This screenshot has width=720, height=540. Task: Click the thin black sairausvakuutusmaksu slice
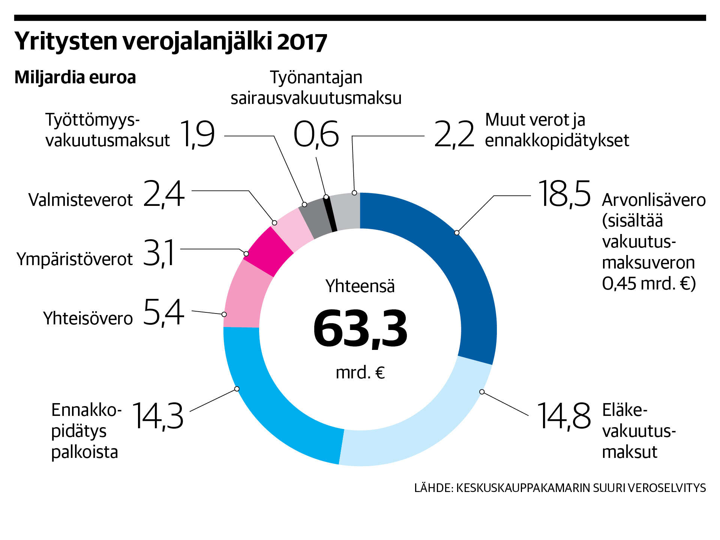tap(330, 214)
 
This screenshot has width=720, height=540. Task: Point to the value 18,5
tap(564, 194)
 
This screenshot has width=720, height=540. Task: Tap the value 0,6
tap(316, 134)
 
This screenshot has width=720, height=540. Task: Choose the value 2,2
tap(454, 134)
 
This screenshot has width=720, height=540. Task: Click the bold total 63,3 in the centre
tap(360, 329)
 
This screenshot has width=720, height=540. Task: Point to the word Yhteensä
tap(360, 286)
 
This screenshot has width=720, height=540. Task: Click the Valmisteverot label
tap(81, 200)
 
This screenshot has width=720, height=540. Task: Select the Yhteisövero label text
tap(88, 318)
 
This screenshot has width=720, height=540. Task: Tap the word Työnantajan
tap(316, 78)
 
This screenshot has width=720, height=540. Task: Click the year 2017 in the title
tap(302, 42)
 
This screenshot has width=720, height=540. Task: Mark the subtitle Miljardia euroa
tap(75, 78)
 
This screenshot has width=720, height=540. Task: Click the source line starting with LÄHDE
tap(560, 488)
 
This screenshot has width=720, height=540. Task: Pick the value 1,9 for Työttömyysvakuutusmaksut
tap(197, 134)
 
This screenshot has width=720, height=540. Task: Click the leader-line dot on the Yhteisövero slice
tap(224, 314)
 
